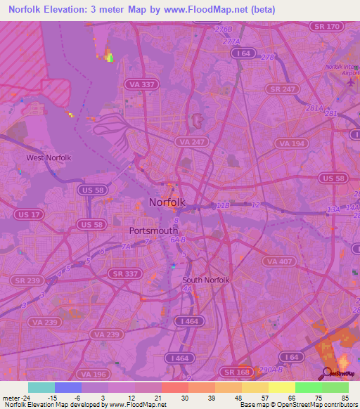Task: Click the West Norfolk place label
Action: pyautogui.click(x=49, y=157)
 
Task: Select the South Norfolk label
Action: pyautogui.click(x=206, y=280)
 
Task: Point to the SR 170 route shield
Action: pyautogui.click(x=326, y=26)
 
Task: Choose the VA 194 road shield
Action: pyautogui.click(x=292, y=143)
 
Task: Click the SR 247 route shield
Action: pyautogui.click(x=283, y=89)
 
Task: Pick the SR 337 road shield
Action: pyautogui.click(x=124, y=273)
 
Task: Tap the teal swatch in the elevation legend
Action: pyautogui.click(x=41, y=387)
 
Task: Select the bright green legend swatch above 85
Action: pyautogui.click(x=335, y=387)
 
